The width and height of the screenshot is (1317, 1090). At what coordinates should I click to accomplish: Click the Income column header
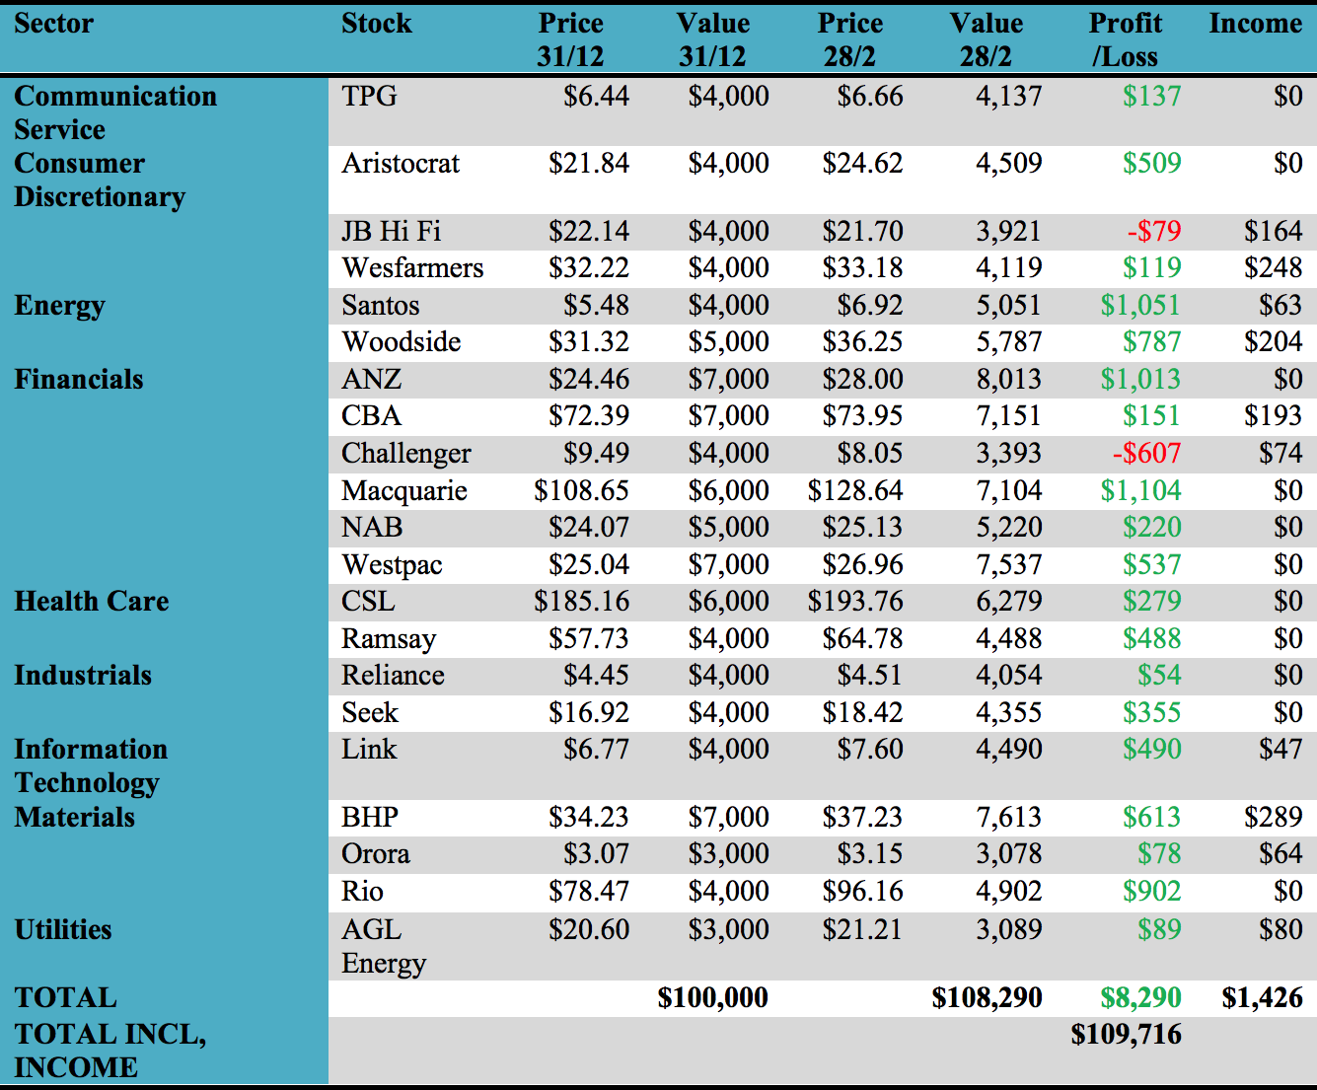(x=1255, y=24)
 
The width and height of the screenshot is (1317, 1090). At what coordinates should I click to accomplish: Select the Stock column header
(x=376, y=24)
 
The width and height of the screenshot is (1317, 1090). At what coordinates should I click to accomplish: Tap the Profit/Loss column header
(x=1126, y=39)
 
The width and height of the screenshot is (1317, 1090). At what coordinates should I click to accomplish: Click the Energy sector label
(x=59, y=306)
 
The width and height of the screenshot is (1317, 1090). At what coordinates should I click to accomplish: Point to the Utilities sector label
(x=63, y=929)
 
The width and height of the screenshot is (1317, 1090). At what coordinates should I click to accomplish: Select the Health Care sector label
(x=91, y=601)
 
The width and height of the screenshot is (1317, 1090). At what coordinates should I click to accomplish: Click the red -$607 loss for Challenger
(x=1146, y=453)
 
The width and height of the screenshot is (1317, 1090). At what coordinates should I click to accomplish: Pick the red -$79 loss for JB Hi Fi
(x=1154, y=231)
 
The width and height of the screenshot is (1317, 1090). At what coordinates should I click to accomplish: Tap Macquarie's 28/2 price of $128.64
(x=854, y=490)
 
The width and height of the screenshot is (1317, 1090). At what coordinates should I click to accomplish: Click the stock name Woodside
(x=401, y=341)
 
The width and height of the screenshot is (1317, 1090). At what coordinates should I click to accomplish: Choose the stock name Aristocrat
(x=401, y=163)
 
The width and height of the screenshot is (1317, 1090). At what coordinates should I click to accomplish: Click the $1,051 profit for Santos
(x=1139, y=305)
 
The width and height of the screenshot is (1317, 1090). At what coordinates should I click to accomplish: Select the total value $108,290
(x=987, y=997)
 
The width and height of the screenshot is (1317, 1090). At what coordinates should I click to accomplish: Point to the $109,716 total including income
(x=1126, y=1034)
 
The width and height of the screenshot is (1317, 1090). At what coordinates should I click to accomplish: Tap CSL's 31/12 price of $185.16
(x=581, y=601)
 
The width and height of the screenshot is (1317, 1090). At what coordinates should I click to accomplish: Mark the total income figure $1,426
(x=1262, y=997)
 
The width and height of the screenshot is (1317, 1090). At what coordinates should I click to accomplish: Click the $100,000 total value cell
(x=712, y=997)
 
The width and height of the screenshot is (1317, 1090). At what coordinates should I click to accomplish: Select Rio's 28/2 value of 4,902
(x=1008, y=891)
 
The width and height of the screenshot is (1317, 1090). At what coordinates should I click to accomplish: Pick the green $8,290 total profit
(x=1140, y=997)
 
